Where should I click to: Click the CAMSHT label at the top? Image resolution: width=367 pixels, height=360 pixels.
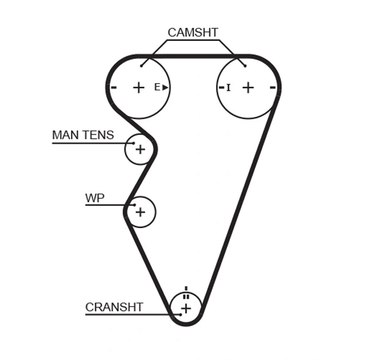tap(193, 33)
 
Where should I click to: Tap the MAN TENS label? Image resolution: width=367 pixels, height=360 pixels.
tap(83, 135)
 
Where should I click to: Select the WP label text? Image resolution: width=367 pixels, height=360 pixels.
tap(95, 198)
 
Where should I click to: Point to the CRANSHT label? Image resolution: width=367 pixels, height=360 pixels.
tap(114, 307)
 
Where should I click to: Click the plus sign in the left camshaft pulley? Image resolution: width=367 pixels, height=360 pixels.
tap(139, 87)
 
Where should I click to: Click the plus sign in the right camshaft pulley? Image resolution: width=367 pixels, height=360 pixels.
tap(248, 87)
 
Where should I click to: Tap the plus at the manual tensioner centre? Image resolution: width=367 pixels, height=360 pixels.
tap(141, 149)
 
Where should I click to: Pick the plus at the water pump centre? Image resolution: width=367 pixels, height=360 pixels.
tap(141, 211)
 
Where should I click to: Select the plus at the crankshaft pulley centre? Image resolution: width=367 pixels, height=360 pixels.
tap(186, 309)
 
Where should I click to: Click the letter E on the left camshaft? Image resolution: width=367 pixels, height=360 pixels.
tap(157, 87)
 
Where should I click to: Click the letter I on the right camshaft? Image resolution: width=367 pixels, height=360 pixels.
tap(229, 88)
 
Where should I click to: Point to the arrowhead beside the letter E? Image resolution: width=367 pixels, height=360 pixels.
tap(165, 87)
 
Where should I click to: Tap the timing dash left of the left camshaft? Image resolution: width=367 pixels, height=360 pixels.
tap(114, 87)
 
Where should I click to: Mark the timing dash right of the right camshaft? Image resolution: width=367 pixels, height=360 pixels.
tap(273, 87)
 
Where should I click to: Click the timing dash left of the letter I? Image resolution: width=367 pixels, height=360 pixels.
tap(221, 87)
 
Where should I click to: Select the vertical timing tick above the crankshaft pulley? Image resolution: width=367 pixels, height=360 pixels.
tap(186, 288)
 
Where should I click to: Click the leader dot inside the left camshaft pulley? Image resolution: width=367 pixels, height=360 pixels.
tap(141, 65)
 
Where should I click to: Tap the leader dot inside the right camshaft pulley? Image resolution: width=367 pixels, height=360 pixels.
tap(245, 65)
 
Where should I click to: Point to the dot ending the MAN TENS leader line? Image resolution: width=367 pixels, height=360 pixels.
tap(133, 143)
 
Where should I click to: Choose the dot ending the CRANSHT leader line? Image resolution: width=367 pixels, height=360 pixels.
tap(180, 315)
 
